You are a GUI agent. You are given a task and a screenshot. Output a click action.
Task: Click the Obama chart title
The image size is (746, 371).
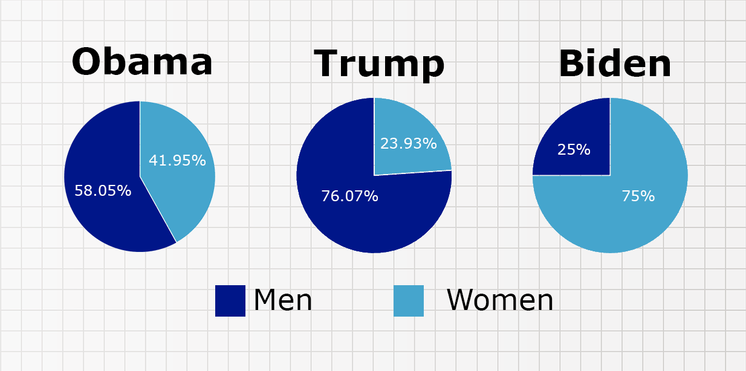pos(142,62)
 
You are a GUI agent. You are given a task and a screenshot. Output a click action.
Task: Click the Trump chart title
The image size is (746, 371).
pos(379,64)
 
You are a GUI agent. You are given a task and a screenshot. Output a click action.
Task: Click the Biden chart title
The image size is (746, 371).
pos(615,63)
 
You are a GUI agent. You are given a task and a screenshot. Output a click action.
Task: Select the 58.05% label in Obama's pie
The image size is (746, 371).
pos(103,190)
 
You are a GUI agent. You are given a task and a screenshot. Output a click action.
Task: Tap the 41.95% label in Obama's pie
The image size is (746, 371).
pos(177,160)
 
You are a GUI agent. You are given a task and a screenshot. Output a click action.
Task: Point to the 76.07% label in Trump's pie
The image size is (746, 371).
pos(350,196)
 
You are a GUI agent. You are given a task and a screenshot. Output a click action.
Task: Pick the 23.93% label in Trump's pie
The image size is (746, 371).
pos(408,143)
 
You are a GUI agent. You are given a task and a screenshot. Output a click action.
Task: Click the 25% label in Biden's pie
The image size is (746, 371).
pos(574,149)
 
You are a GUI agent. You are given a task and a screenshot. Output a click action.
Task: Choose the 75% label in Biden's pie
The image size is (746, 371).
pos(638,196)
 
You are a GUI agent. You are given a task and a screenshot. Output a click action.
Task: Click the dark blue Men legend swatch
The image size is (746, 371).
pos(230,301)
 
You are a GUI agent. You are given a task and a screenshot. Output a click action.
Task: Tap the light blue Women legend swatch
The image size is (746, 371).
pos(409,301)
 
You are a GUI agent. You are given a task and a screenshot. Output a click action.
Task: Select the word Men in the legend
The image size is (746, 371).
pos(283,300)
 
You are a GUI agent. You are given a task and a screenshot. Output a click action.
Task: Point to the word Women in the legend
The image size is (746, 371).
pos(500,300)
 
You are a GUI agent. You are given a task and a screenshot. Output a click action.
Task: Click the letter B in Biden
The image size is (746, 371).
pos(570,63)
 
